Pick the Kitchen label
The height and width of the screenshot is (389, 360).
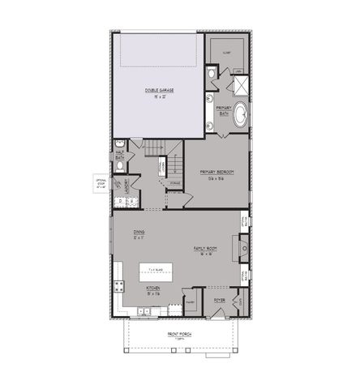pos(152,289)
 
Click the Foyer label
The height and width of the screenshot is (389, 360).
pos(219,301)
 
